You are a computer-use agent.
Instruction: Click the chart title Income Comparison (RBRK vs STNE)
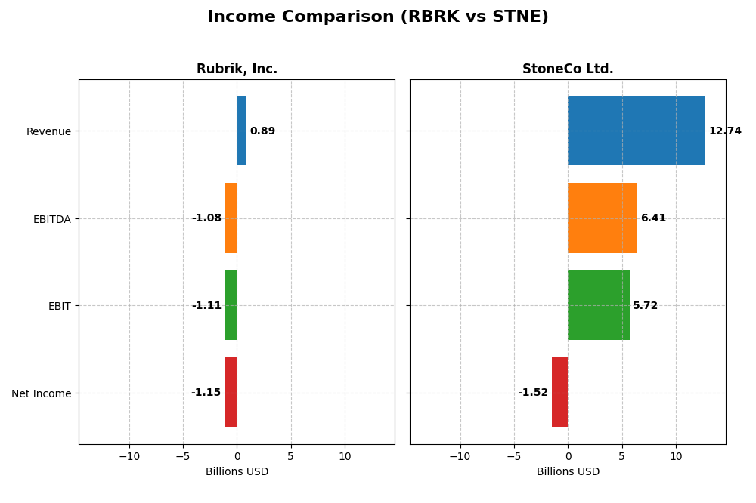[x=377, y=17]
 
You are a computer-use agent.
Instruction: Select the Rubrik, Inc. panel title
[x=237, y=69]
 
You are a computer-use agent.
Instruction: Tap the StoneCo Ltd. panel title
[x=568, y=69]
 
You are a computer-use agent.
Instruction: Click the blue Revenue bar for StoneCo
[x=636, y=131]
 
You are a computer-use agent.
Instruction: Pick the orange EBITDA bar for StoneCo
[x=602, y=218]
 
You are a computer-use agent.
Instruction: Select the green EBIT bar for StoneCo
[x=598, y=305]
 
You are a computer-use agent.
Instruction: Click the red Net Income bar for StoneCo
[x=559, y=393]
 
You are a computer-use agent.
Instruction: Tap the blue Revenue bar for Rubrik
[x=241, y=131]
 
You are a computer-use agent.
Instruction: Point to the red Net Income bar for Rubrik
[x=231, y=393]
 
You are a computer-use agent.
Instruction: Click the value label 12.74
[x=725, y=131]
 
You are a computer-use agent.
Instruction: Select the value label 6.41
[x=653, y=218]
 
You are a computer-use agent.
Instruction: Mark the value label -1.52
[x=533, y=393]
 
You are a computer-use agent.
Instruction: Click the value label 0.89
[x=262, y=131]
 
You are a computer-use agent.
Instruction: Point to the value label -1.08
[x=206, y=218]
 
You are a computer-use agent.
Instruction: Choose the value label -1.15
[x=206, y=393]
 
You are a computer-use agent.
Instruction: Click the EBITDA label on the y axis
[x=51, y=219]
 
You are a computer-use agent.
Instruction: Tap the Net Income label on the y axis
[x=42, y=393]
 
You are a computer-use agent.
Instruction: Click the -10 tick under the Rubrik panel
[x=129, y=456]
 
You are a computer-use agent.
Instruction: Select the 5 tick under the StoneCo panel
[x=622, y=456]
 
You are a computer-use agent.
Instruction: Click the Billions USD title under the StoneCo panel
[x=568, y=471]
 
